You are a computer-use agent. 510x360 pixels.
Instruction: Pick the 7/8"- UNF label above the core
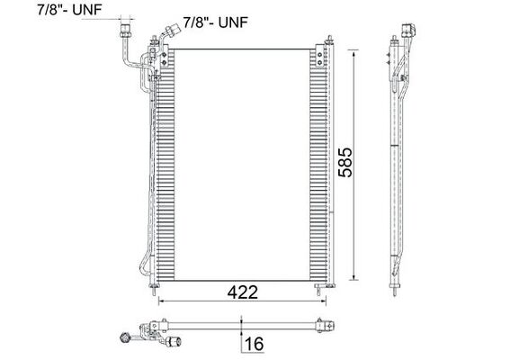click(x=216, y=21)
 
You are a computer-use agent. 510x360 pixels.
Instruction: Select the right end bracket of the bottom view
click(x=318, y=325)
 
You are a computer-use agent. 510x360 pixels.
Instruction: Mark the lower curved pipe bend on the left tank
click(x=145, y=264)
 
